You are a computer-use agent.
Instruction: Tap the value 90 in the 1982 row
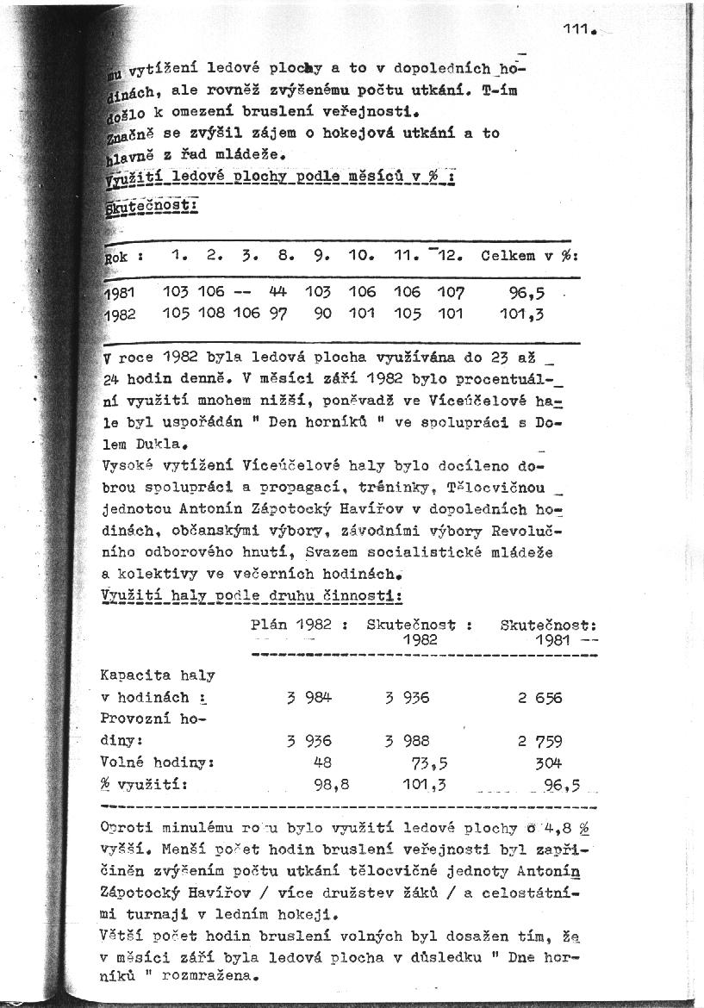(x=322, y=314)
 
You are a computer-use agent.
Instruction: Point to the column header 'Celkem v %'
(x=529, y=256)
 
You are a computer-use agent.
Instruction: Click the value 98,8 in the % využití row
(x=320, y=784)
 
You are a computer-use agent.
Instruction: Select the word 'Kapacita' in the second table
(x=134, y=675)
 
